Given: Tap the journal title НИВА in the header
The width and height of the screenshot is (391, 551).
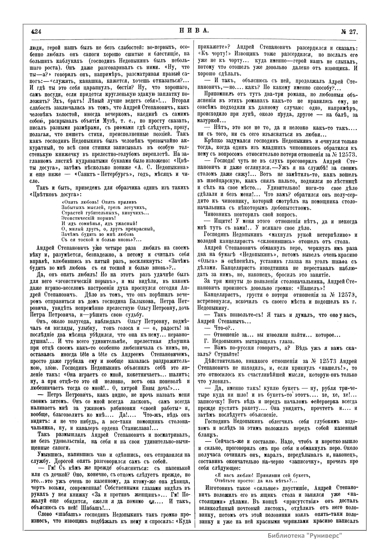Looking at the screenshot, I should (193, 31).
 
